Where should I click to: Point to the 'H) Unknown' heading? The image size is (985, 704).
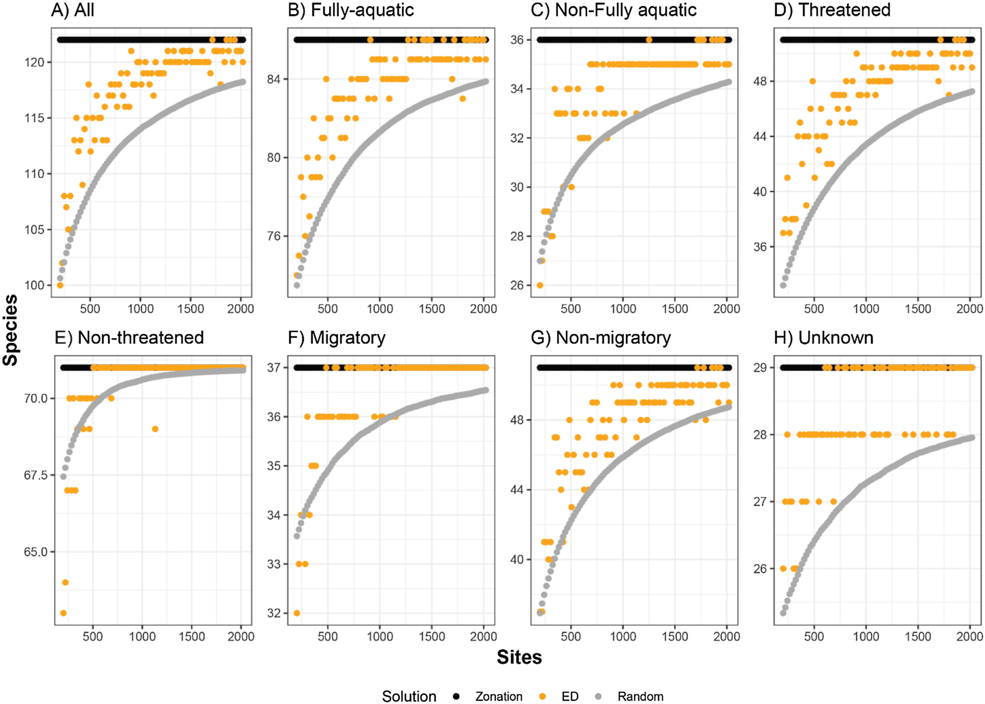(x=823, y=338)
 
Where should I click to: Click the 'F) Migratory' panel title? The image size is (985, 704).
(x=336, y=338)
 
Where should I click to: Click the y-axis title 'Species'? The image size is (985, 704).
(x=10, y=330)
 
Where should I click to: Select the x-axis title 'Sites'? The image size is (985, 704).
(x=519, y=657)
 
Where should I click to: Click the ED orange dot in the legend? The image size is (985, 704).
(x=542, y=696)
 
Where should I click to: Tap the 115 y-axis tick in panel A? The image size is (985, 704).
(x=34, y=118)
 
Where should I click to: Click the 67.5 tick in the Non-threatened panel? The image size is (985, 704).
(x=36, y=475)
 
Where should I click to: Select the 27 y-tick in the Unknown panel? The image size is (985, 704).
(x=760, y=502)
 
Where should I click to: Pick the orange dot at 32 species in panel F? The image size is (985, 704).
(x=297, y=613)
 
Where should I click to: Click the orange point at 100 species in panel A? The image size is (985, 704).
(x=60, y=285)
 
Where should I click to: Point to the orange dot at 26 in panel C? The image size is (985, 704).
(x=540, y=285)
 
